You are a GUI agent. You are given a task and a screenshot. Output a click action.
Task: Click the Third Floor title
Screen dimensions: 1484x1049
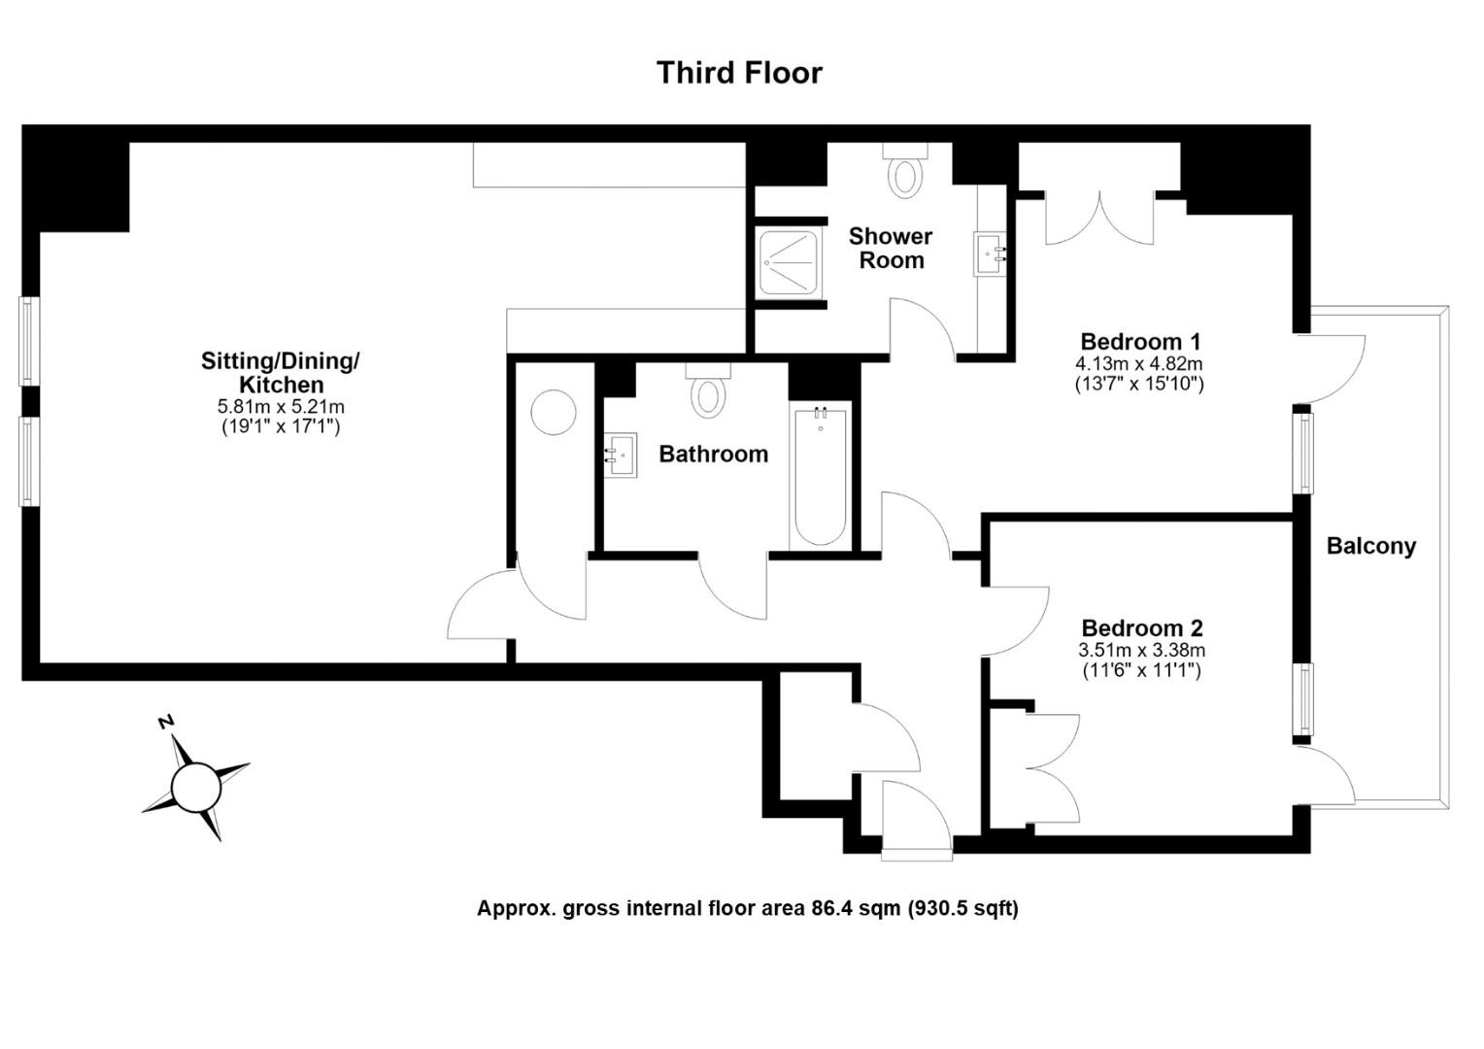click(x=739, y=73)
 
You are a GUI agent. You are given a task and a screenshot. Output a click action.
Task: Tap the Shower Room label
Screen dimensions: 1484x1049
click(x=891, y=248)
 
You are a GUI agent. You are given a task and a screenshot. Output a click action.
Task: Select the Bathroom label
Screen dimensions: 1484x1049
click(x=714, y=454)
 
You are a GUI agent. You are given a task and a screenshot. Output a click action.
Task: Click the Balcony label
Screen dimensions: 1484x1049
click(x=1371, y=546)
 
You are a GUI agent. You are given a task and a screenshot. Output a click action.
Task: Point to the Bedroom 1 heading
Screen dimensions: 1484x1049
click(x=1140, y=342)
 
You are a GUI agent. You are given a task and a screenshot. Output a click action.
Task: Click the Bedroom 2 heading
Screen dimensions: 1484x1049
click(x=1142, y=628)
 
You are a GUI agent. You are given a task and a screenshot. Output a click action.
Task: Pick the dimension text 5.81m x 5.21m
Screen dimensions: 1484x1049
click(x=281, y=406)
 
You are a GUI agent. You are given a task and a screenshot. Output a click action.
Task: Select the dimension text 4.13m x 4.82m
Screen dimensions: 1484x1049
click(x=1139, y=364)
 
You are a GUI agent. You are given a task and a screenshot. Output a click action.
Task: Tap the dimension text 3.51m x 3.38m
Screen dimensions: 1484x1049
click(x=1141, y=650)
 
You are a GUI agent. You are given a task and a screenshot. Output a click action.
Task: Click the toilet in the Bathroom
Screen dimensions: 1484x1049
click(x=708, y=391)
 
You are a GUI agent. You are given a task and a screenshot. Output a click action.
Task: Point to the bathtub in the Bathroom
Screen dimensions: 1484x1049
click(x=820, y=476)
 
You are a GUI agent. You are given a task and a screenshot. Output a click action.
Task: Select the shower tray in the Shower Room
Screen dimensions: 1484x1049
click(x=789, y=262)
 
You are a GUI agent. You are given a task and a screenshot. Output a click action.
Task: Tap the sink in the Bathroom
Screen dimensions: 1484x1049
click(x=622, y=456)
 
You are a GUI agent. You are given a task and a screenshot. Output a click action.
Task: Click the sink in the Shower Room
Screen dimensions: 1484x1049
click(x=991, y=254)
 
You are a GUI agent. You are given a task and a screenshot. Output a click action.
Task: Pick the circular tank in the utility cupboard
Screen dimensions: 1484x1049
click(x=554, y=412)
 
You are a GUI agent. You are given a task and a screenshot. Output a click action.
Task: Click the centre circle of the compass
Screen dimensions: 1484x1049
click(x=195, y=788)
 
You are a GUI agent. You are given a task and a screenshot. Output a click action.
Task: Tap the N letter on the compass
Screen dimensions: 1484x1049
click(x=166, y=723)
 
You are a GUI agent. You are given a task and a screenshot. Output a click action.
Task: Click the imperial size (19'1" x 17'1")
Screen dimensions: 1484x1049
click(x=281, y=427)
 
